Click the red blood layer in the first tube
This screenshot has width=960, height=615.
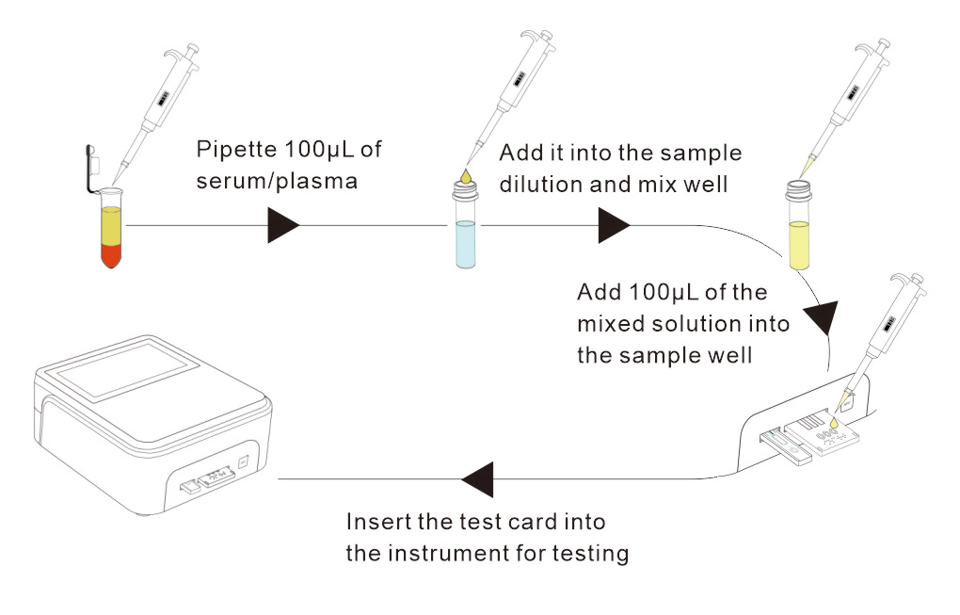112,252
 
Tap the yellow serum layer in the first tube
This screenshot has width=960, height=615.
112,226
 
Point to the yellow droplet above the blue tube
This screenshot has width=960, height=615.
464,175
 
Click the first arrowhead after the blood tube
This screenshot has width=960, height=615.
283,226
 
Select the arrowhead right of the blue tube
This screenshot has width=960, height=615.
613,226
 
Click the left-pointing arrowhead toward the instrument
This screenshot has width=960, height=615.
477,478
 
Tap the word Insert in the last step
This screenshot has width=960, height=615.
375,522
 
